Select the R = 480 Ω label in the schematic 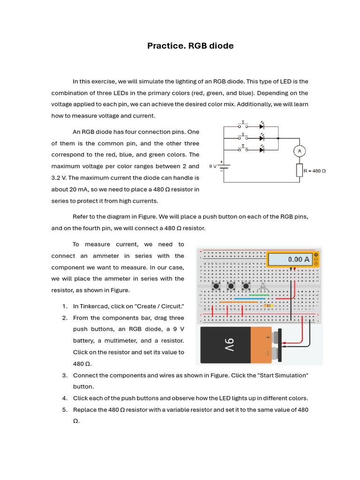pos(315,171)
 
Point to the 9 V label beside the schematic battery pos(213,165)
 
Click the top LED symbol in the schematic pos(262,126)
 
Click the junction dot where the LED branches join pos(278,138)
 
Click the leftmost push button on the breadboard pos(217,286)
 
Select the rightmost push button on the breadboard pos(246,286)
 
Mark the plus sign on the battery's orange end pos(268,337)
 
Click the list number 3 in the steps pos(65,375)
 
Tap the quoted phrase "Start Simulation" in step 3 pos(282,375)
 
